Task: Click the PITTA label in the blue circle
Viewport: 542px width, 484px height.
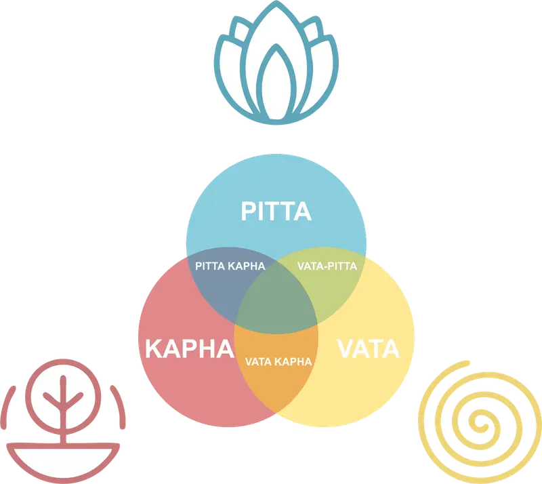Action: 276,211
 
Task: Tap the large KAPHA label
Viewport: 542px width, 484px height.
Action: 190,348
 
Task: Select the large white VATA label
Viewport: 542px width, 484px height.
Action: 368,348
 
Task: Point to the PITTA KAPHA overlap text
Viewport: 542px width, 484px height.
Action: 230,266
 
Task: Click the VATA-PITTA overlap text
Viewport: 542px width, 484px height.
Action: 327,266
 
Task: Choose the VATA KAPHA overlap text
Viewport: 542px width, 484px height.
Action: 278,362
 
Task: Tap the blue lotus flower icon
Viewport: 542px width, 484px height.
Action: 276,62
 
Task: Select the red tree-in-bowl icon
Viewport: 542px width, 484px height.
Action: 63,421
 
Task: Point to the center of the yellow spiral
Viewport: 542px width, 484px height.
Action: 480,422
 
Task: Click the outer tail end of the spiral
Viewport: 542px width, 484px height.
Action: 467,363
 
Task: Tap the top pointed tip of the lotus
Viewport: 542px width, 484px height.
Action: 276,2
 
